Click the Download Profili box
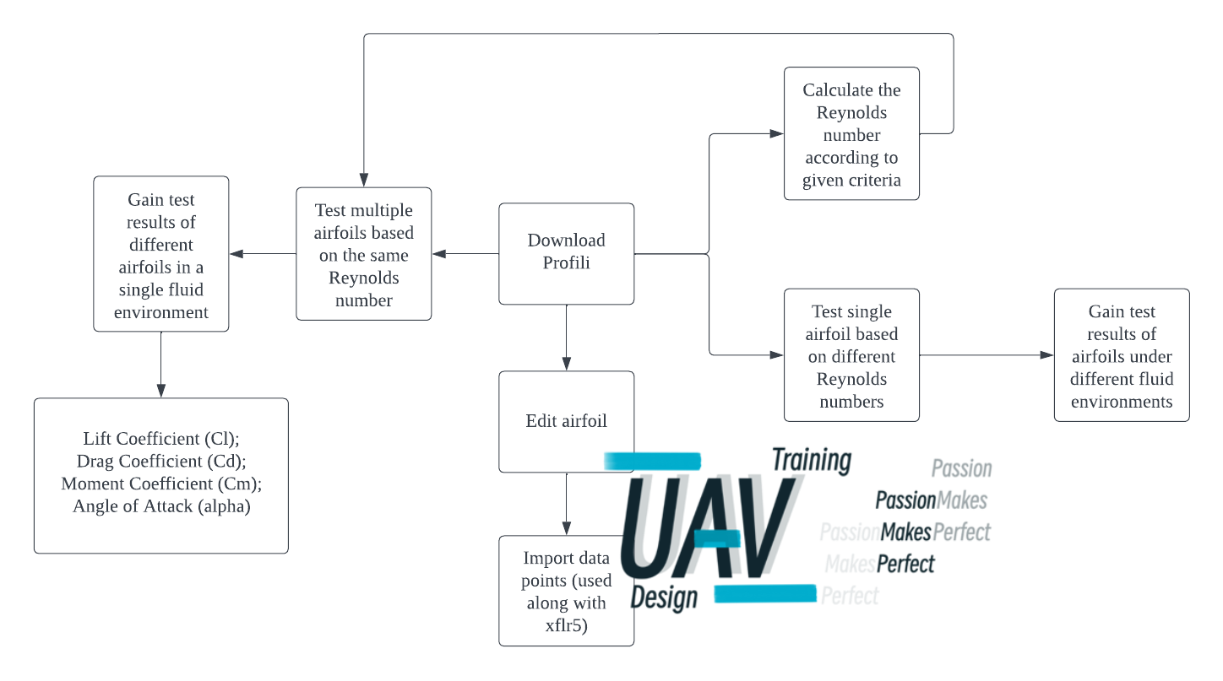(566, 253)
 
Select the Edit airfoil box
(566, 421)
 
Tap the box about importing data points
(566, 591)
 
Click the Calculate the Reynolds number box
(851, 134)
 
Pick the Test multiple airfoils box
(363, 254)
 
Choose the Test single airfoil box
(851, 355)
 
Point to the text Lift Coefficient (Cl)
(161, 439)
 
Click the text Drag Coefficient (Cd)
(161, 462)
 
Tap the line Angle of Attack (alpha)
(161, 507)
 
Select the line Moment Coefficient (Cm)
(161, 484)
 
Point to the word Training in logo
(812, 461)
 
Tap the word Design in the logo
(665, 597)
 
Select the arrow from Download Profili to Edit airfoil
(566, 338)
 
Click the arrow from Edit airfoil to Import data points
(566, 504)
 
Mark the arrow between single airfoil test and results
(987, 355)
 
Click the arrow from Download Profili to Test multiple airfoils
(465, 253)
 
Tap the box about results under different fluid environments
(1122, 355)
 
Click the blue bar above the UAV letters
(652, 461)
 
